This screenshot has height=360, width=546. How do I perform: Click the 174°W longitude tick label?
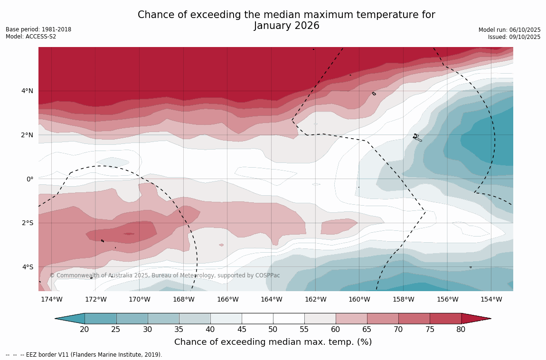pyautogui.click(x=51, y=299)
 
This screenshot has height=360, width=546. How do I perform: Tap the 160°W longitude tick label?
pyautogui.click(x=359, y=299)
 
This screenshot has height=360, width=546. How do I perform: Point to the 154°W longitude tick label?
pyautogui.click(x=491, y=299)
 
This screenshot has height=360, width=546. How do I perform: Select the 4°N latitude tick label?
pyautogui.click(x=27, y=91)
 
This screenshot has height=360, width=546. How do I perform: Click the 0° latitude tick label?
pyautogui.click(x=29, y=179)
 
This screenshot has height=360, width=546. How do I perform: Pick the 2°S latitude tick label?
pyautogui.click(x=27, y=223)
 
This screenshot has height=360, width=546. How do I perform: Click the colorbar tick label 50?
pyautogui.click(x=273, y=330)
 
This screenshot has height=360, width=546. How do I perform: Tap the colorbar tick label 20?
pyautogui.click(x=85, y=330)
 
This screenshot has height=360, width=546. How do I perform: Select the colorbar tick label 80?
pyautogui.click(x=461, y=330)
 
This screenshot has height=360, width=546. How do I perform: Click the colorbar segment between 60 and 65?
pyautogui.click(x=351, y=319)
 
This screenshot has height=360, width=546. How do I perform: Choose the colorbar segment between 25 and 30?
pyautogui.click(x=132, y=319)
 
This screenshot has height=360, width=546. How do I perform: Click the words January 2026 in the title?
pyautogui.click(x=286, y=26)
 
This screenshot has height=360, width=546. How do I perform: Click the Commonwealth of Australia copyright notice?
pyautogui.click(x=165, y=275)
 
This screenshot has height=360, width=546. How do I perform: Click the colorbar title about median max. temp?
pyautogui.click(x=273, y=342)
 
